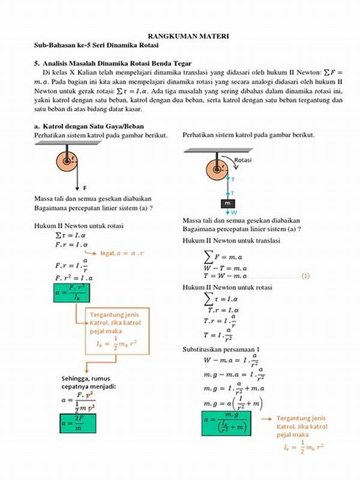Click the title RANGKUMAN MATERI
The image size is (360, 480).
pyautogui.click(x=180, y=36)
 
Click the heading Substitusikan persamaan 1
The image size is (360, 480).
pyautogui.click(x=224, y=349)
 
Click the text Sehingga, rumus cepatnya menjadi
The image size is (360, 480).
pyautogui.click(x=92, y=382)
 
